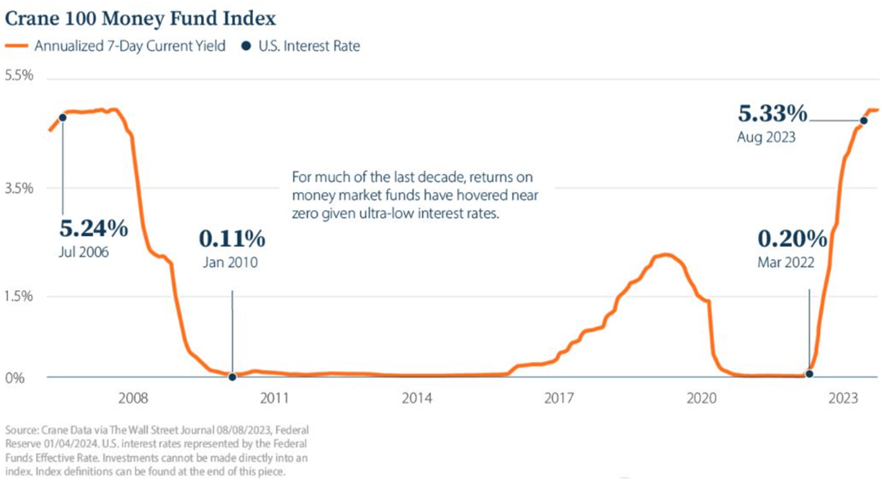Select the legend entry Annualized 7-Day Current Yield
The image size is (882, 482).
coord(129,47)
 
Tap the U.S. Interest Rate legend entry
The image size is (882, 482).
coord(309,47)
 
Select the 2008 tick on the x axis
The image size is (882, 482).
coord(133,398)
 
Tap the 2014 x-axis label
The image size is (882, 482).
coord(416,398)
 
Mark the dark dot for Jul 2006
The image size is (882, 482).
coord(63,117)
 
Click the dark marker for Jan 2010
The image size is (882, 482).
coord(233,377)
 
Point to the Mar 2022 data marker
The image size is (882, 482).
coord(809,373)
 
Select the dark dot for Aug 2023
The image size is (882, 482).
coord(864,120)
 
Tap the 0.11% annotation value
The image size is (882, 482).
coord(232,239)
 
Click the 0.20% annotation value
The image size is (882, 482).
coord(793,239)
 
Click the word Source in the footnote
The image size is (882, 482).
coord(22,430)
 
